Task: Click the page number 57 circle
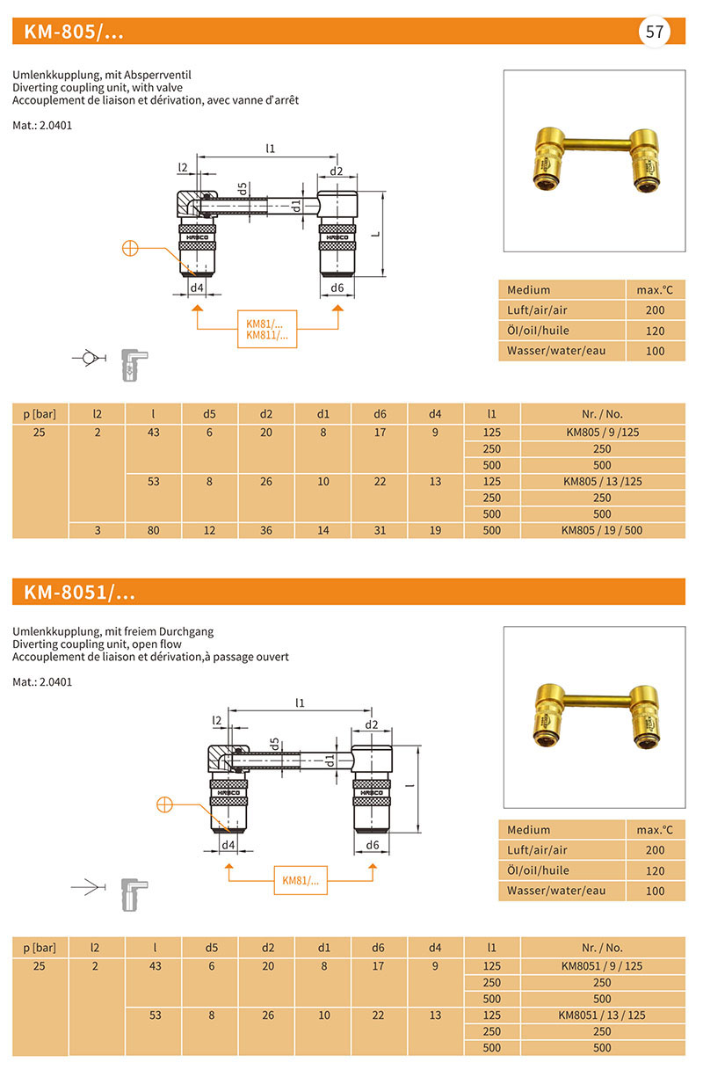click(x=655, y=33)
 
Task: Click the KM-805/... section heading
click(x=74, y=33)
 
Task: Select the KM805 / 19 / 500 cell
click(x=602, y=530)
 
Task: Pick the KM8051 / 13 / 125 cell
click(x=602, y=1015)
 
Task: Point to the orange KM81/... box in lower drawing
click(x=300, y=880)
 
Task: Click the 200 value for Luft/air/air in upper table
click(x=655, y=310)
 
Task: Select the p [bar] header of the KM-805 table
click(x=40, y=412)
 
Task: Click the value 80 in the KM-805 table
click(x=155, y=530)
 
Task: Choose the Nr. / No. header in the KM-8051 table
click(x=602, y=948)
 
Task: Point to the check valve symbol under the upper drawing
click(x=86, y=358)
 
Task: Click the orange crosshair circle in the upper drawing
click(x=130, y=248)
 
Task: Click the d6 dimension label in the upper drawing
click(x=337, y=288)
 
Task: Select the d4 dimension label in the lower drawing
click(x=228, y=845)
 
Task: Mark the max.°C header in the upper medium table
click(x=655, y=290)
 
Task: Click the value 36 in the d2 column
click(x=266, y=530)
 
